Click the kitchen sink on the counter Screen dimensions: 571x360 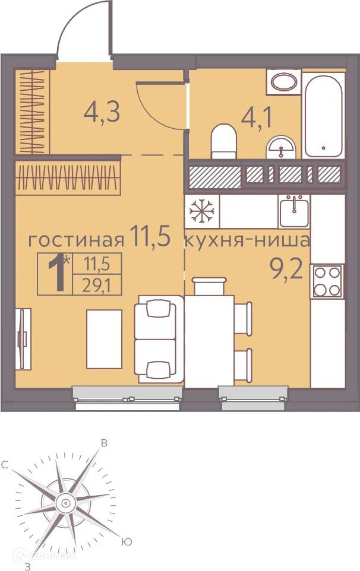[293, 212]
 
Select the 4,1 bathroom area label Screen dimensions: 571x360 [256, 117]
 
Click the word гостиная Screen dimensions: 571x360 [77, 240]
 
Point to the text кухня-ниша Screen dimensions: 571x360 [247, 241]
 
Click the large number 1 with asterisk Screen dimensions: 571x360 [58, 273]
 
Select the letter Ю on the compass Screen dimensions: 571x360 [125, 541]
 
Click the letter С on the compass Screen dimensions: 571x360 [5, 465]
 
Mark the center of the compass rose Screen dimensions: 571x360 [64, 504]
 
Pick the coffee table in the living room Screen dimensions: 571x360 [104, 335]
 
